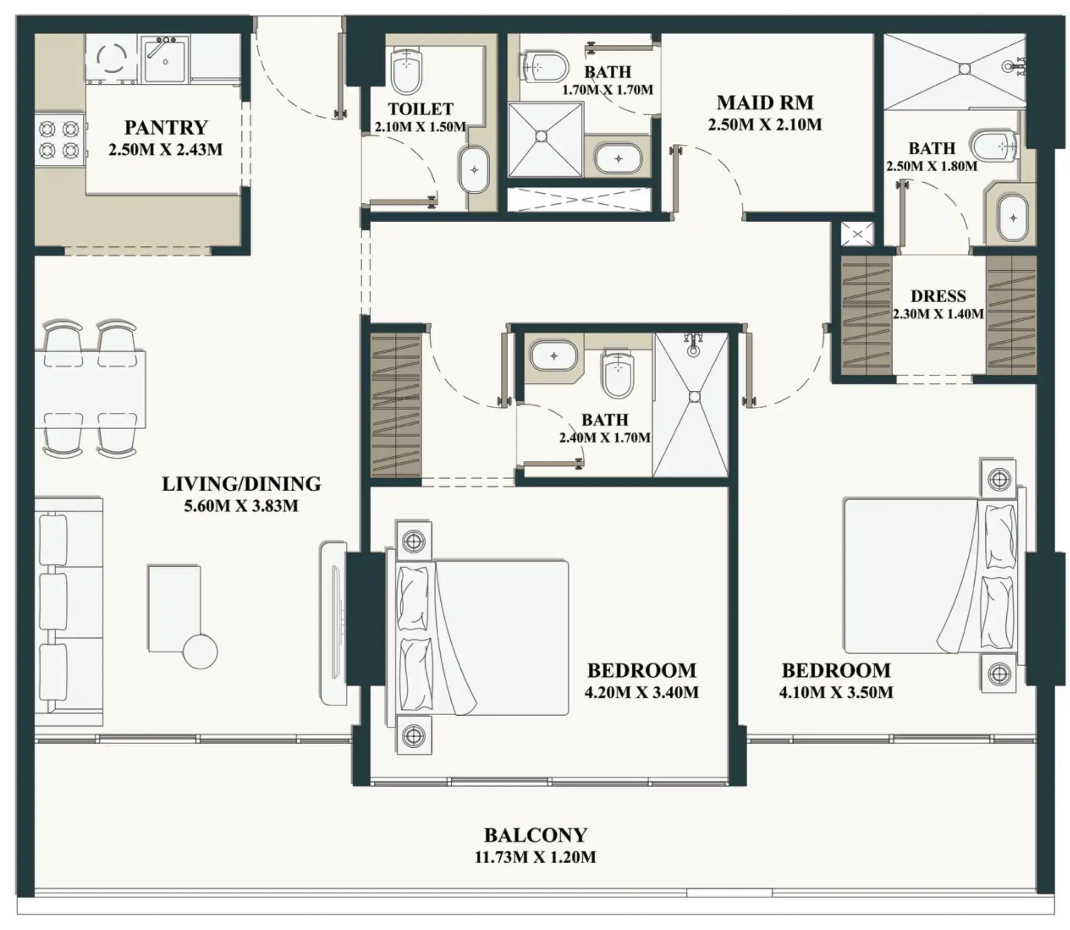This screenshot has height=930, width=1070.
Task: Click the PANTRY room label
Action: click(x=166, y=127)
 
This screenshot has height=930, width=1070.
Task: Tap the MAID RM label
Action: click(x=765, y=102)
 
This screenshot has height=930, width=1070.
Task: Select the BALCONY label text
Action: click(x=536, y=835)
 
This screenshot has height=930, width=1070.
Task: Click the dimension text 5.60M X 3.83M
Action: click(x=241, y=506)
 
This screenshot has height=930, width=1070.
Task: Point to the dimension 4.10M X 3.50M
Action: click(x=836, y=692)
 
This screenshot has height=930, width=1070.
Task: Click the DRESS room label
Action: click(x=938, y=296)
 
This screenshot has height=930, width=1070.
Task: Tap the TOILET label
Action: click(x=421, y=109)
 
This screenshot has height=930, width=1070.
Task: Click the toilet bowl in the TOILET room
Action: click(x=407, y=69)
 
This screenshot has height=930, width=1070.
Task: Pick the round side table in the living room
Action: click(x=200, y=651)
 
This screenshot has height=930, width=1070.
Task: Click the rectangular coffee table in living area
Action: click(x=174, y=609)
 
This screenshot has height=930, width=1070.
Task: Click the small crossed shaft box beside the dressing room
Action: click(x=857, y=234)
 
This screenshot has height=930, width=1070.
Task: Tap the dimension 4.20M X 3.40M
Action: click(x=641, y=692)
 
